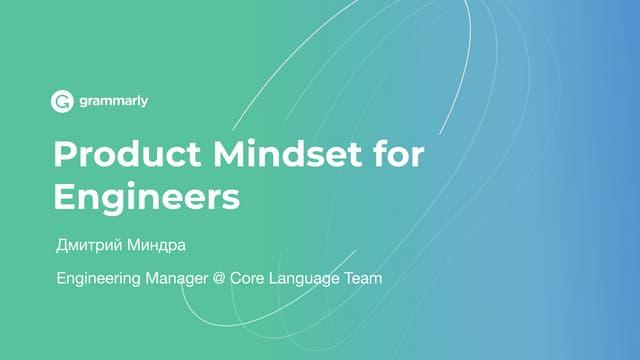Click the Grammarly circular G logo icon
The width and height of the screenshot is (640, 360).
point(62,101)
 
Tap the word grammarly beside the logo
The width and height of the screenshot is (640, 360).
point(114,101)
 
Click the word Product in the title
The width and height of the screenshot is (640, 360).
point(127,154)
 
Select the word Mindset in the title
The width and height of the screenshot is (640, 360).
point(287,154)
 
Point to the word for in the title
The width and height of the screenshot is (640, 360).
point(399,153)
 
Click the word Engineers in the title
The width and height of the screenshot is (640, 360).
point(147,197)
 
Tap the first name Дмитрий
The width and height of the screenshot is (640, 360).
point(89,245)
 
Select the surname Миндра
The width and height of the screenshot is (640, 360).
point(156,245)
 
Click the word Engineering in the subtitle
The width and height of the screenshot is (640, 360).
point(98,279)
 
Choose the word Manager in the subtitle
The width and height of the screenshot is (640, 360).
point(177,279)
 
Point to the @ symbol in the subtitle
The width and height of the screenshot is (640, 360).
point(219,278)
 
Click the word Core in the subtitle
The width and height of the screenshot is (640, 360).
point(247,278)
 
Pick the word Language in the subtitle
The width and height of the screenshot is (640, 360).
point(304,279)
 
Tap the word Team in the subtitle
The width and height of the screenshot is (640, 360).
point(363,278)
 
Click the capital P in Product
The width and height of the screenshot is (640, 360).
point(64,154)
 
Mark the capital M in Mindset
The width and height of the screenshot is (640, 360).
point(228,154)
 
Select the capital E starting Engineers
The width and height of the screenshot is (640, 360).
point(63,196)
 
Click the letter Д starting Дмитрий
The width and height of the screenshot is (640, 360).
point(62,246)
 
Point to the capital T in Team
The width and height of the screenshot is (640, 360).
point(350,278)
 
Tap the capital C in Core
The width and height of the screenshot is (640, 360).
point(236,278)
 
